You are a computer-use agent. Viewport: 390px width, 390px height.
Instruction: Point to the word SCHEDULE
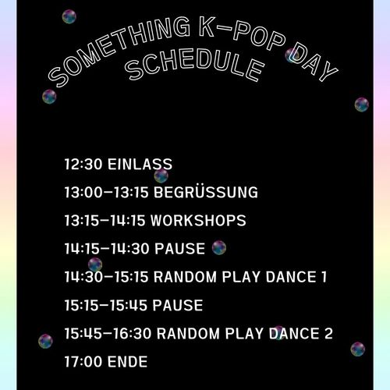[192, 67]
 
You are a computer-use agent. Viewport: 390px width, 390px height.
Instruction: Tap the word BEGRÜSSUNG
[206, 193]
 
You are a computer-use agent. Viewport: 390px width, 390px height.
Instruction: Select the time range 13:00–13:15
[107, 193]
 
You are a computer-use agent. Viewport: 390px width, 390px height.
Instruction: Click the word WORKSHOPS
[199, 221]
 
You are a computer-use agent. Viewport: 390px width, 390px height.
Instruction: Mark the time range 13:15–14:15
[107, 221]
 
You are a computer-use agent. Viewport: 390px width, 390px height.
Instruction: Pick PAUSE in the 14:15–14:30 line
[179, 249]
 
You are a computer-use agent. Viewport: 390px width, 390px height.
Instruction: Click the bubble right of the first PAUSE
[219, 248]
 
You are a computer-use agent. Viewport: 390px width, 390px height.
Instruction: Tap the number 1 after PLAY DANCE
[323, 277]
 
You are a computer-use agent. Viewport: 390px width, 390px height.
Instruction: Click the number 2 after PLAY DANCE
[328, 333]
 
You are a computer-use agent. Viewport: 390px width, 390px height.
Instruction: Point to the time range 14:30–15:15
[107, 277]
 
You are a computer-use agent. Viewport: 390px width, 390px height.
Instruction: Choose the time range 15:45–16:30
[108, 333]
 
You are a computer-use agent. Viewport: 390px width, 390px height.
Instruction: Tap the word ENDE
[128, 361]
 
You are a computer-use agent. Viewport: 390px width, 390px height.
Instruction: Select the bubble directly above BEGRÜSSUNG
[161, 176]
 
